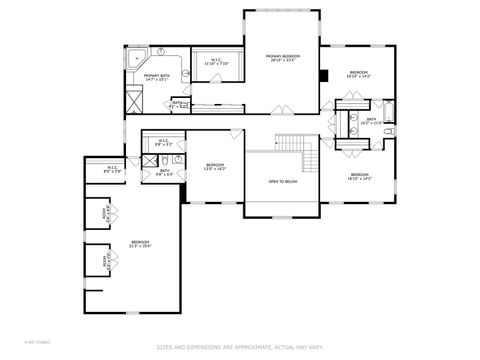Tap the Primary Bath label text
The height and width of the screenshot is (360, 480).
pos(156,77)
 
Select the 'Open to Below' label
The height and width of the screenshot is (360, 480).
pos(281,182)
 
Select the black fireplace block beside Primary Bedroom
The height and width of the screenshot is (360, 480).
pos(324,75)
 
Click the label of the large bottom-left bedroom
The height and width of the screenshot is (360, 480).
pos(140,244)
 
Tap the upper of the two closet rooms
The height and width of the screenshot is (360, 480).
pos(106,214)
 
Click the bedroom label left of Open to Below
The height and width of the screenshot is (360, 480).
pos(215,166)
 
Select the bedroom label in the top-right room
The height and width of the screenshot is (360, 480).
pos(359,74)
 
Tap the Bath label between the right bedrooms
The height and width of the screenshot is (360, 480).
pos(370,121)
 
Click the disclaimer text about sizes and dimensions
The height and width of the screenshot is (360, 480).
pos(239,348)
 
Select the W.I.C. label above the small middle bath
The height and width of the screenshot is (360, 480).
pos(164,143)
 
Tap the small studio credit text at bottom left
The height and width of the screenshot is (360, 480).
pos(15,345)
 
